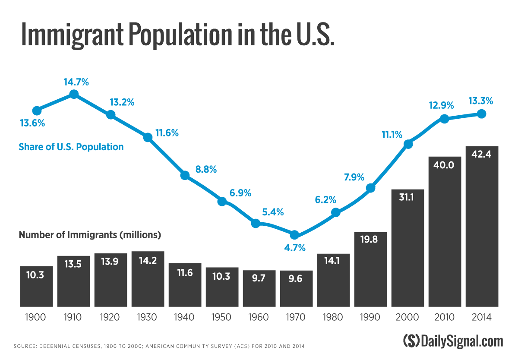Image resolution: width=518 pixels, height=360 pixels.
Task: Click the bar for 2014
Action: [x=482, y=227]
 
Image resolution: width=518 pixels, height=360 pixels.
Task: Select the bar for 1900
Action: [x=36, y=286]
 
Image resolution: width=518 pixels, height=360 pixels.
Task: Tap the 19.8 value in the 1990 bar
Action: [x=370, y=239]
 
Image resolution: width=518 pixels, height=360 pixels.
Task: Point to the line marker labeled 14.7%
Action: [x=74, y=94]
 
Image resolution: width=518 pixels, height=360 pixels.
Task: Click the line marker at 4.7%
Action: [x=294, y=235]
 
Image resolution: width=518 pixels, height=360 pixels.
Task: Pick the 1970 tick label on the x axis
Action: [x=296, y=318]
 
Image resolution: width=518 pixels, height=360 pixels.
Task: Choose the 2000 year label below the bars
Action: [x=407, y=318]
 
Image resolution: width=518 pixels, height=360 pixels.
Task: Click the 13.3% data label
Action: [x=480, y=101]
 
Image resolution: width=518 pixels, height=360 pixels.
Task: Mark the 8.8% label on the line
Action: [x=206, y=169]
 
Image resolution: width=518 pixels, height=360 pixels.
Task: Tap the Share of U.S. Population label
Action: [x=71, y=147]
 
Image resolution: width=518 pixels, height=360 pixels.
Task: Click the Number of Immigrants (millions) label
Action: [x=90, y=235]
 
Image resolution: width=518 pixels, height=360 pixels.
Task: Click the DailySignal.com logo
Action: [x=453, y=341]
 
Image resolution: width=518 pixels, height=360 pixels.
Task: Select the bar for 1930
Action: [x=148, y=279]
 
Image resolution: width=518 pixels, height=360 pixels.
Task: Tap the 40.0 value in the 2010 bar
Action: [x=445, y=164]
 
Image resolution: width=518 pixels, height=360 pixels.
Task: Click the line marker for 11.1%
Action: [x=407, y=144]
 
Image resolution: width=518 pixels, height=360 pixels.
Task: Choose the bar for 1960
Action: [x=259, y=288]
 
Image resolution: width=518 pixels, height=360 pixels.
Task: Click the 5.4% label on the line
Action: [x=273, y=212]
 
